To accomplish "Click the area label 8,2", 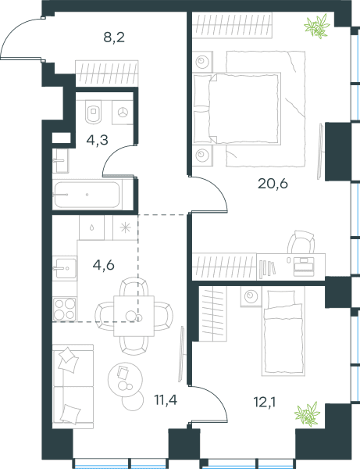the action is click(114, 38).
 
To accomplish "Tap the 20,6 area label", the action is click(273, 184).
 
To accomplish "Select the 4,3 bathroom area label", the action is click(97, 140).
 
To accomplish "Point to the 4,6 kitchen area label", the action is click(103, 265).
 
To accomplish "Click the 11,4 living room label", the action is click(166, 399).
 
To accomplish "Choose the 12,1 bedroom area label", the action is click(265, 403).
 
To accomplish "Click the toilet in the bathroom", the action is click(93, 112).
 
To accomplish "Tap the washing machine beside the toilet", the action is click(123, 113).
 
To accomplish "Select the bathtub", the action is click(87, 195).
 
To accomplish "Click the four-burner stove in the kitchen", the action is click(64, 309).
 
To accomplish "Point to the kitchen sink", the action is click(65, 268).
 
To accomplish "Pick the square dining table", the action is click(134, 316).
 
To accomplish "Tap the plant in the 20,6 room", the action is click(317, 26).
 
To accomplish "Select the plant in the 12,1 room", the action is click(307, 414).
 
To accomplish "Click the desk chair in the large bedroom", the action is click(301, 242).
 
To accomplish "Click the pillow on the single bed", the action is click(281, 298).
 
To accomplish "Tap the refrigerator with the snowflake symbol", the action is click(126, 227).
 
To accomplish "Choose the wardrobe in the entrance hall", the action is click(107, 73).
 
